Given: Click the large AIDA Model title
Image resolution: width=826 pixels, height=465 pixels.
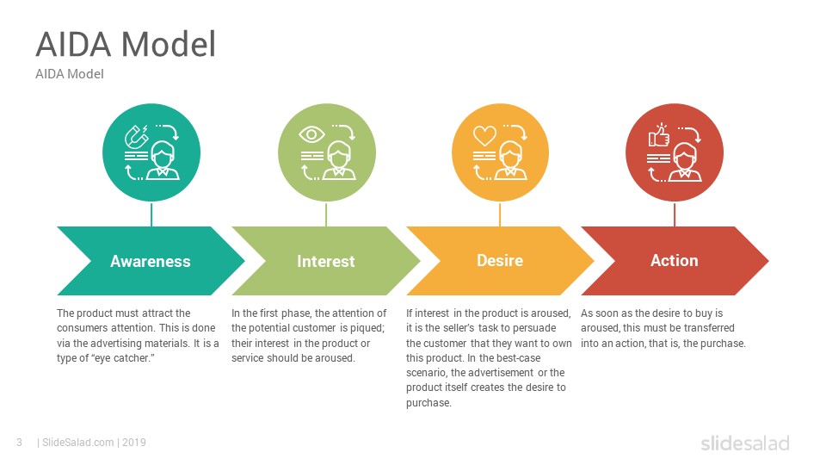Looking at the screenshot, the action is pos(126,44).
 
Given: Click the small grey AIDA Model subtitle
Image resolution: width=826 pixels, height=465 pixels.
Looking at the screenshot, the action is pos(70,74).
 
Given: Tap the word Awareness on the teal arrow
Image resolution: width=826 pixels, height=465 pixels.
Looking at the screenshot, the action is pos(150,261).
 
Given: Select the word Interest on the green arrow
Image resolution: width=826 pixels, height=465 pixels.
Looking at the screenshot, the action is pos(325,261).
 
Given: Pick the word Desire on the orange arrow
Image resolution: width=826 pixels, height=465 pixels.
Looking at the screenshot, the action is pos(500,260).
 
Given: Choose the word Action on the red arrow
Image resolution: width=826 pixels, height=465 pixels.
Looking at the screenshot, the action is pos(675,260).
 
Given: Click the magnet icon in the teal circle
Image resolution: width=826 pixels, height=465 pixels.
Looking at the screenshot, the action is pos(136,137).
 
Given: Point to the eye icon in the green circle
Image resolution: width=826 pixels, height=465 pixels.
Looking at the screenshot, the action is pos(311,134).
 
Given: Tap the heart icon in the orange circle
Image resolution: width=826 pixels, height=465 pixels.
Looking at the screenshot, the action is pos(484,135).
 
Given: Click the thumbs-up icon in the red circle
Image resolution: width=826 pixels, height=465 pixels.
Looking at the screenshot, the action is pos(658,135).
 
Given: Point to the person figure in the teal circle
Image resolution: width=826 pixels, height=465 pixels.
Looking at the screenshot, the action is pos(163,161).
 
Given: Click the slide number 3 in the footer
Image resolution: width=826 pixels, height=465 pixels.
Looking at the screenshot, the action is pos(20,443).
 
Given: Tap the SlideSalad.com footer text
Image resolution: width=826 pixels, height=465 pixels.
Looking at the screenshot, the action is pos(78,443).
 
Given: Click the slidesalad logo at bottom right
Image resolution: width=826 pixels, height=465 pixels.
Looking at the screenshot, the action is pos(745,443).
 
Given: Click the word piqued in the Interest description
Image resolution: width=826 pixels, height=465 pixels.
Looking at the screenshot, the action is pos(367,328).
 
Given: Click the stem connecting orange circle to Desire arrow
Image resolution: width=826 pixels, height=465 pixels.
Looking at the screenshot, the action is pos(500,214).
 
